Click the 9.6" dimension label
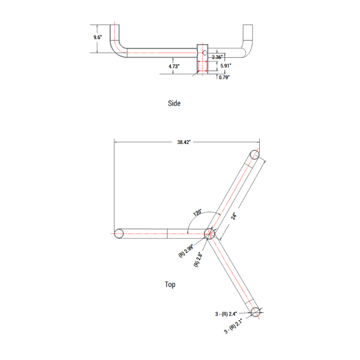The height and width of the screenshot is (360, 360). pyautogui.click(x=98, y=38)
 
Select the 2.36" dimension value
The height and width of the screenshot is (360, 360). pyautogui.click(x=217, y=57)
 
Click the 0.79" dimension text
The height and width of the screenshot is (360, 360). pyautogui.click(x=224, y=77)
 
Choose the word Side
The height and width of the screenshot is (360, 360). pyautogui.click(x=174, y=103)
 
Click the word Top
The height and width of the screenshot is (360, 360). pyautogui.click(x=170, y=284)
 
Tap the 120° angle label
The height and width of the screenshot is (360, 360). pyautogui.click(x=198, y=213)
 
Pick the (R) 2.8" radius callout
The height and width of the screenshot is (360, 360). pyautogui.click(x=198, y=257)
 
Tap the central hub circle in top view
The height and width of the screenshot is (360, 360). pyautogui.click(x=209, y=233)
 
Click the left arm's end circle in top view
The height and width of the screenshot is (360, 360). pyautogui.click(x=119, y=233)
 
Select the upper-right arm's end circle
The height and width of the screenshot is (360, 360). pyautogui.click(x=255, y=155)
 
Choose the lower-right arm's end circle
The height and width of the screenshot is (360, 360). pyautogui.click(x=256, y=311)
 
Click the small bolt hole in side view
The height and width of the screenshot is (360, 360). pyautogui.click(x=204, y=52)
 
